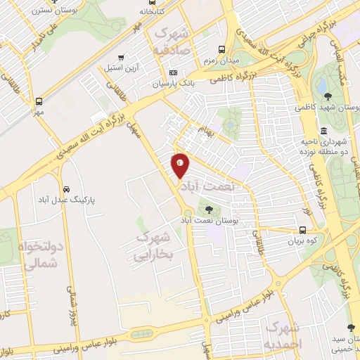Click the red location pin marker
point(180,165)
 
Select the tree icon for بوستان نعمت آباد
point(209,208)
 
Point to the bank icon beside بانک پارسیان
point(174,73)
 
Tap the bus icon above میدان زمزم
point(222,50)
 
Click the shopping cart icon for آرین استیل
point(121,58)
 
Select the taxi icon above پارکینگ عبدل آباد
point(65,190)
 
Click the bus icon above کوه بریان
point(302,230)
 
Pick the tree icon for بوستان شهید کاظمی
point(328,96)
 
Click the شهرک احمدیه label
point(285,336)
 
